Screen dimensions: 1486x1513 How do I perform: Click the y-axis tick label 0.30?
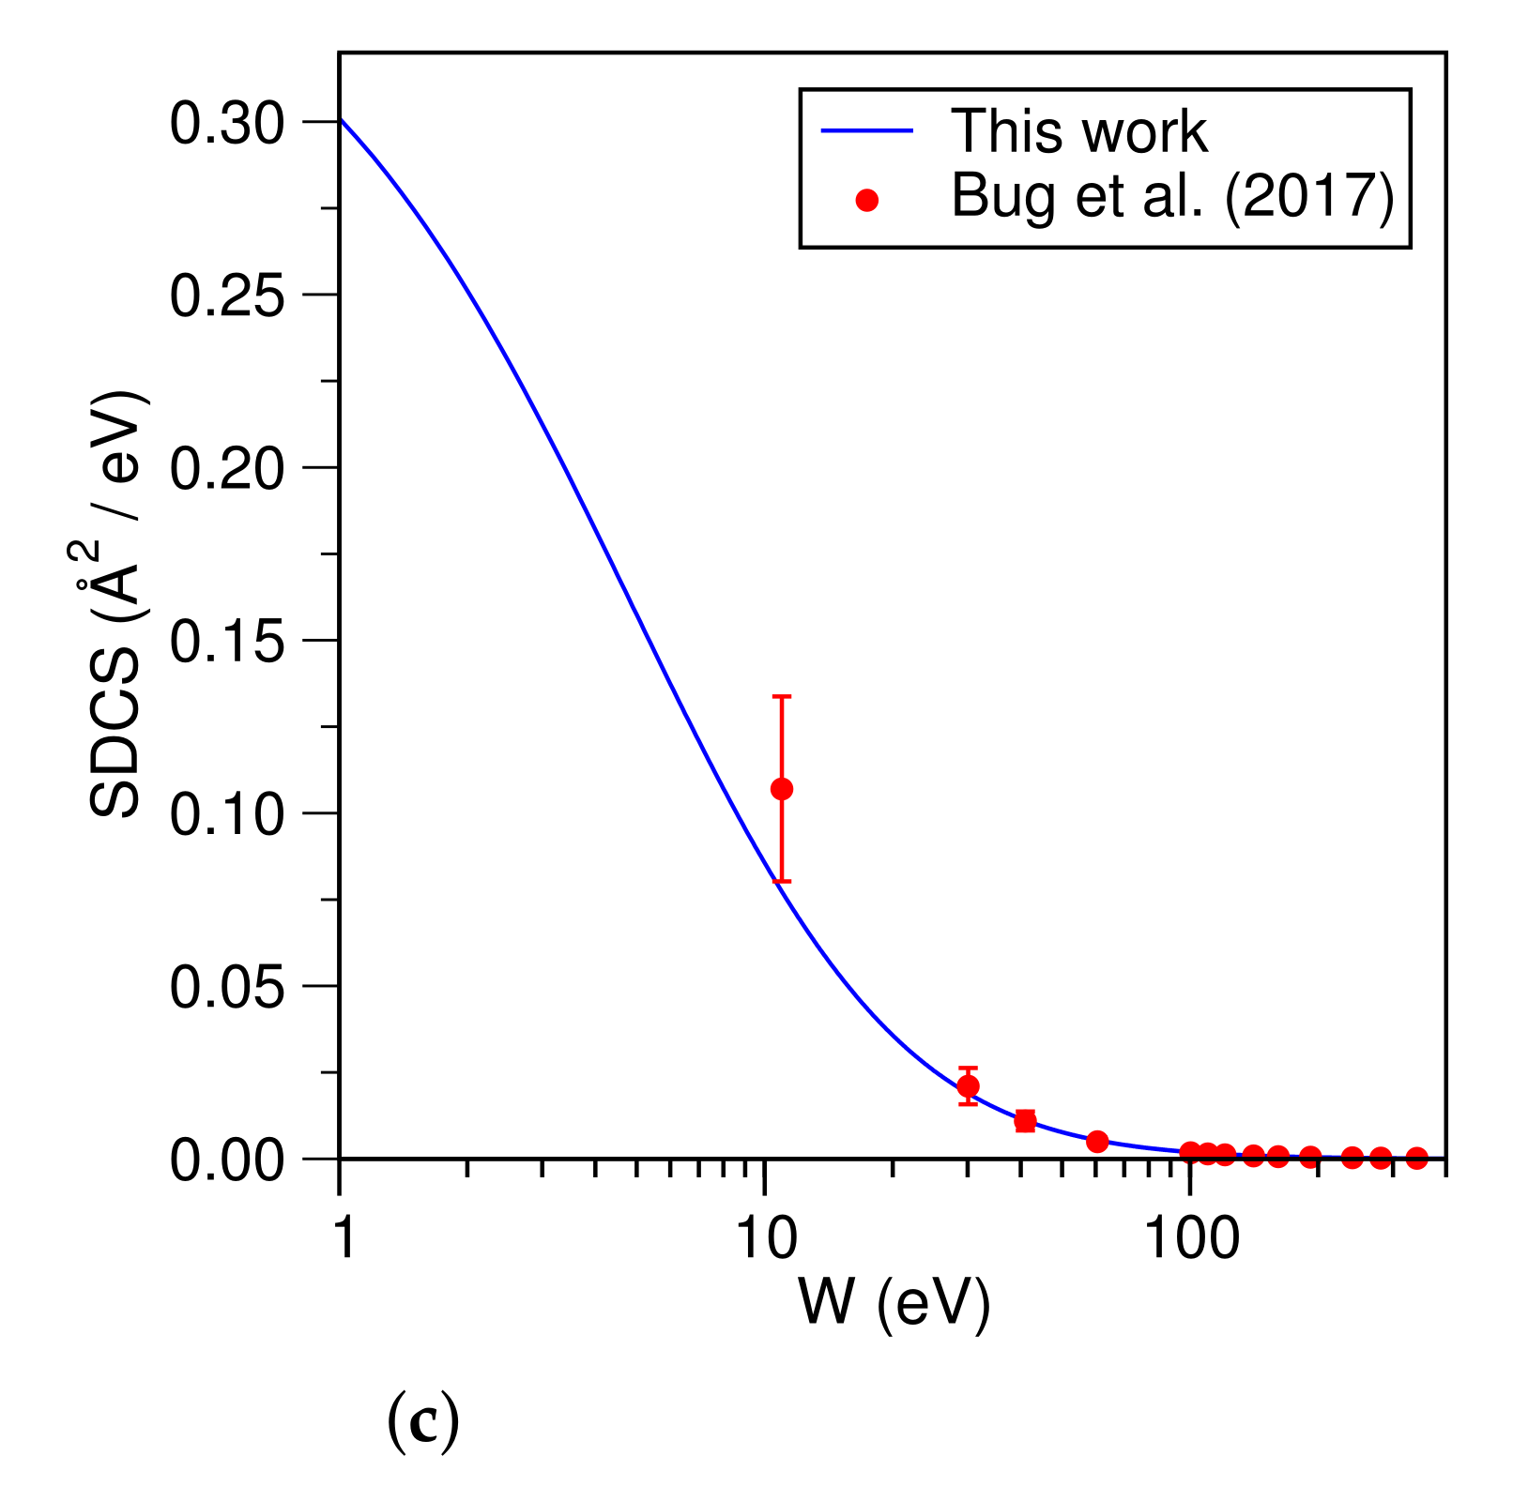(226, 125)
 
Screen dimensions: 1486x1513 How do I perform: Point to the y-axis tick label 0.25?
(226, 297)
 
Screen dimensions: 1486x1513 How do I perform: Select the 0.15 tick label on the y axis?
(226, 644)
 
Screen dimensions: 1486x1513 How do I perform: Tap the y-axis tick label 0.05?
(226, 989)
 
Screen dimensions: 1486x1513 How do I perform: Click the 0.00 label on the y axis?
(226, 1161)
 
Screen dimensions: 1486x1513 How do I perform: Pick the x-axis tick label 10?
(765, 1237)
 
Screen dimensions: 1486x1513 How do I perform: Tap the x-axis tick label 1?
(344, 1237)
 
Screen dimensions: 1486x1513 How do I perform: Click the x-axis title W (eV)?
(893, 1303)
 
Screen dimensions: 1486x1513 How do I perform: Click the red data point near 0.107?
(782, 789)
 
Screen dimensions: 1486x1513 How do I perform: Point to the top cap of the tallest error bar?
(782, 696)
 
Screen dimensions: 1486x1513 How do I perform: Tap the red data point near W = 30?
(968, 1086)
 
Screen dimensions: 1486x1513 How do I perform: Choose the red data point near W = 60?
(1097, 1141)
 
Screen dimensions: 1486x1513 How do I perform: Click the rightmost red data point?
(1417, 1158)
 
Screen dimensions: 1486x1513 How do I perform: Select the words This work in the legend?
(1078, 131)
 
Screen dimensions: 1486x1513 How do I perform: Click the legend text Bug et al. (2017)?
(1172, 196)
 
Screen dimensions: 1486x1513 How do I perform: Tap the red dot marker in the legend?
(867, 200)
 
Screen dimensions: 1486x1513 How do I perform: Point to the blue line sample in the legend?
(867, 131)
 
